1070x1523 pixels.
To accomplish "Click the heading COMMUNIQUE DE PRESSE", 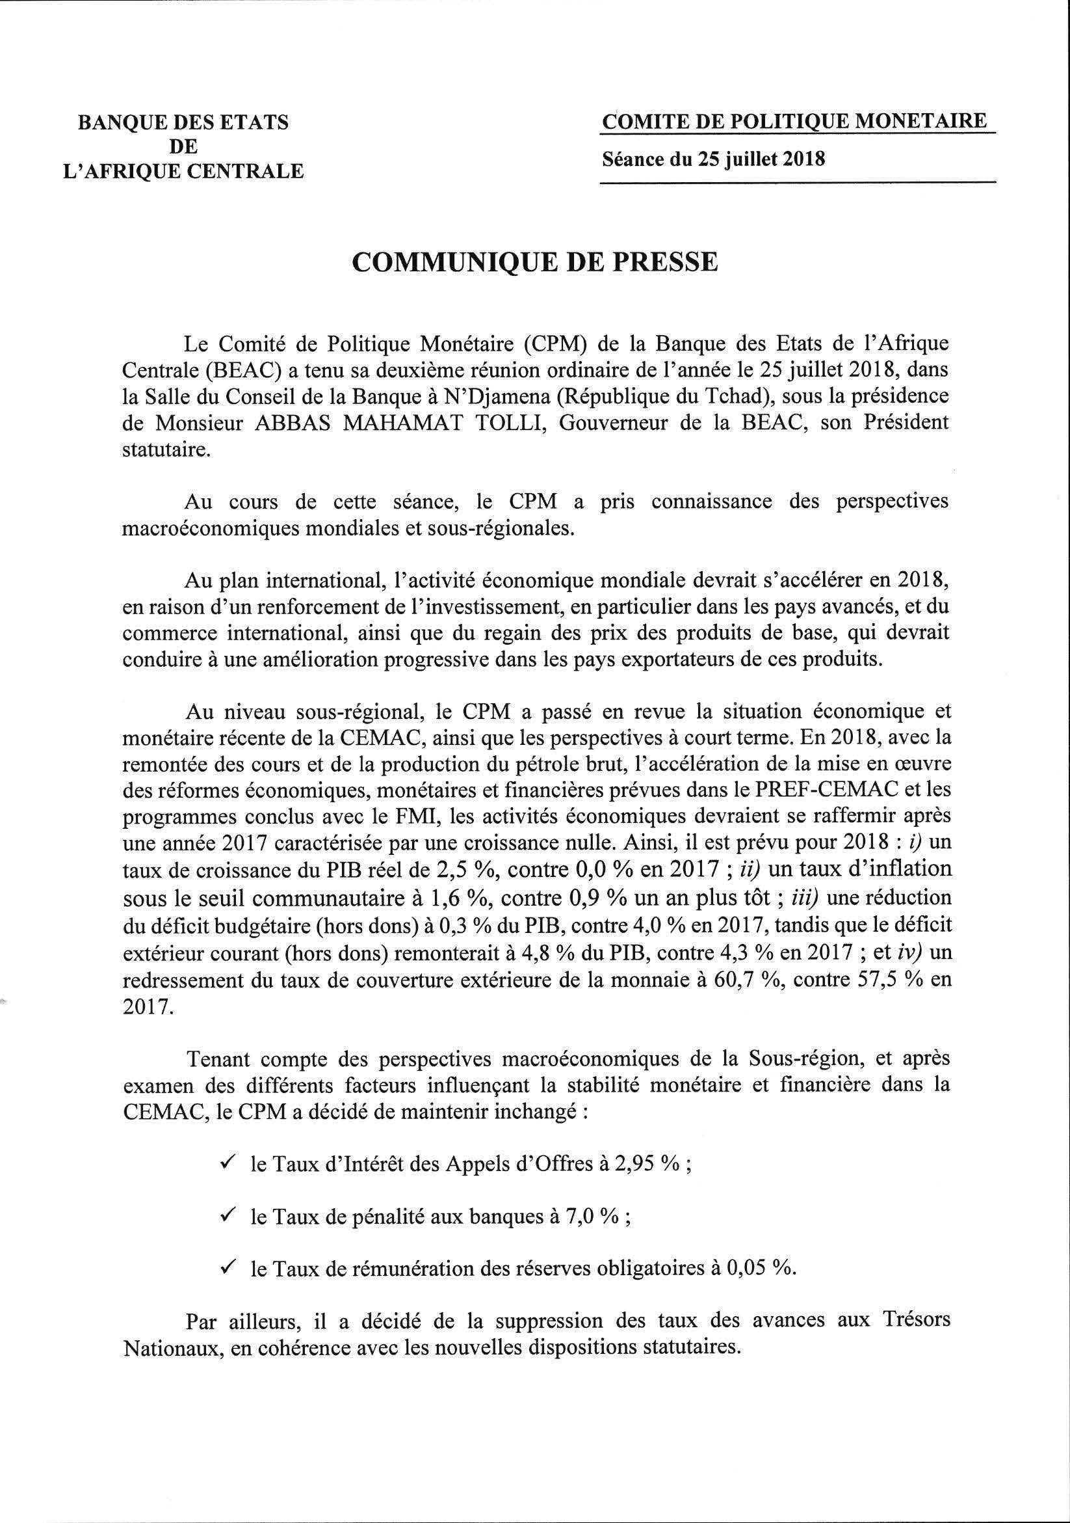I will (x=534, y=263).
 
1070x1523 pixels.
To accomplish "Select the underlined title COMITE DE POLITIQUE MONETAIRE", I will (x=794, y=122).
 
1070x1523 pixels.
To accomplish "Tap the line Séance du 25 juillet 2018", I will (x=713, y=159).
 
